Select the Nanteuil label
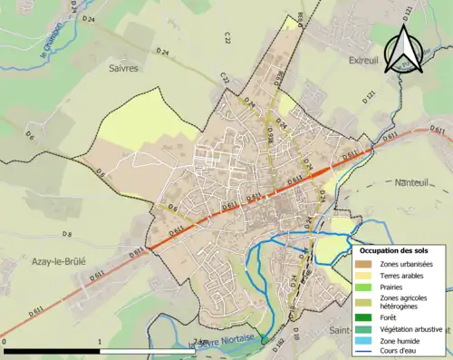point(416,182)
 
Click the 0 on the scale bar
point(5,343)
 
